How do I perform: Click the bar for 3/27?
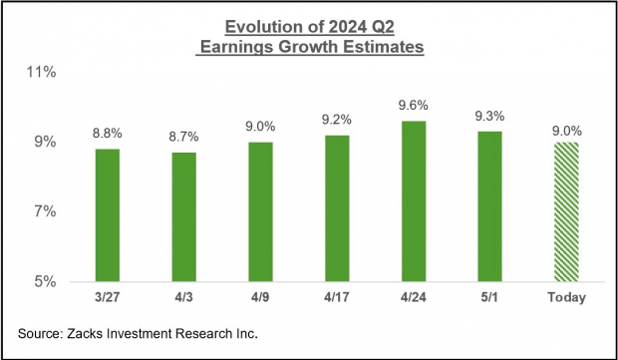(107, 214)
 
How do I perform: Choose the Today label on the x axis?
(564, 297)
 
